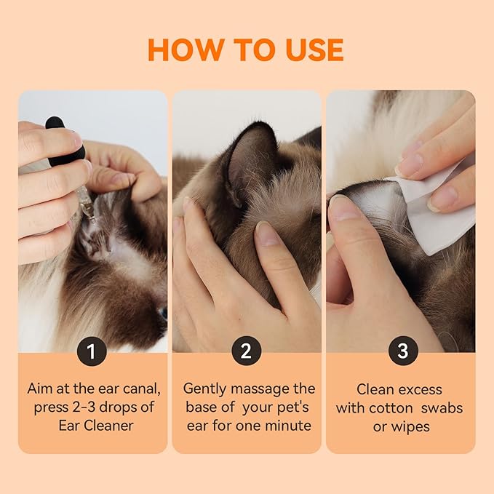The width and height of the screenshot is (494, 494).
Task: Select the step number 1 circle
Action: tap(92, 352)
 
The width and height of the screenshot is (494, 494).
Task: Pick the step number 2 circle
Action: tap(246, 352)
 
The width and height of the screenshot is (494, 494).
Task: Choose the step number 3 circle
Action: tap(402, 352)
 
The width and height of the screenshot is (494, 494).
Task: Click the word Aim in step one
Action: tap(41, 389)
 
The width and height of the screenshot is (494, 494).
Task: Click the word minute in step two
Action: tap(289, 426)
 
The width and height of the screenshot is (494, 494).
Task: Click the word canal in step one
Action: tap(136, 389)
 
